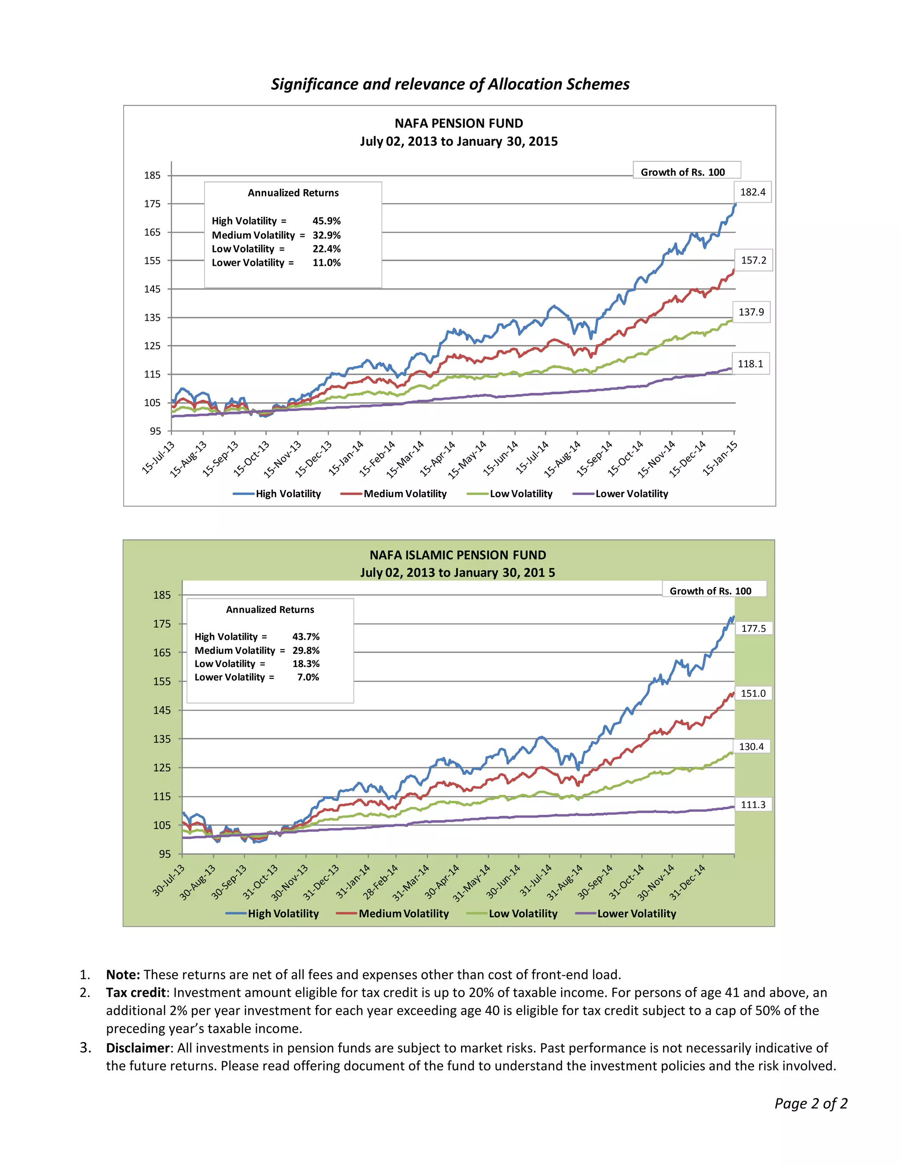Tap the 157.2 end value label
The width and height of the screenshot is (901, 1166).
pyautogui.click(x=753, y=260)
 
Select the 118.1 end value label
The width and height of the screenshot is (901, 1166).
pyautogui.click(x=750, y=364)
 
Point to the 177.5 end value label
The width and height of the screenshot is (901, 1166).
pyautogui.click(x=753, y=628)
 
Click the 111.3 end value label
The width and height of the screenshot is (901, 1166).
pyautogui.click(x=753, y=805)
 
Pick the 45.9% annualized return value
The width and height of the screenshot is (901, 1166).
pyautogui.click(x=326, y=221)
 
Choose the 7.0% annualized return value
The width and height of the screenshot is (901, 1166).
pyautogui.click(x=308, y=677)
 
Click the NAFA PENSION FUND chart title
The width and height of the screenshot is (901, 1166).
pyautogui.click(x=458, y=123)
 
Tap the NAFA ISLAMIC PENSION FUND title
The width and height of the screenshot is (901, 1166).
pyautogui.click(x=458, y=555)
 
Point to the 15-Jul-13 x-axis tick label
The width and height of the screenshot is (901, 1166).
pyautogui.click(x=158, y=458)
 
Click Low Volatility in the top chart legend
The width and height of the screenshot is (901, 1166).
pyautogui.click(x=520, y=494)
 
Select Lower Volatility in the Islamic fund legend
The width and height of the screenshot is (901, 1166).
pyautogui.click(x=636, y=913)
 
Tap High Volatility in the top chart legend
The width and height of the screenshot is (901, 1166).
pyautogui.click(x=288, y=494)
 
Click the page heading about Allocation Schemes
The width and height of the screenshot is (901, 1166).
pyautogui.click(x=450, y=84)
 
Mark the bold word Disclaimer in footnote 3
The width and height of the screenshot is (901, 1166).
pyautogui.click(x=137, y=1048)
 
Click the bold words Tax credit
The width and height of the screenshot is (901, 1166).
pyautogui.click(x=136, y=993)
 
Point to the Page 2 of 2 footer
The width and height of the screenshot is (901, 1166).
pyautogui.click(x=810, y=1104)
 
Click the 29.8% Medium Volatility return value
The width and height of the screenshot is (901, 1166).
pyautogui.click(x=306, y=650)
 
